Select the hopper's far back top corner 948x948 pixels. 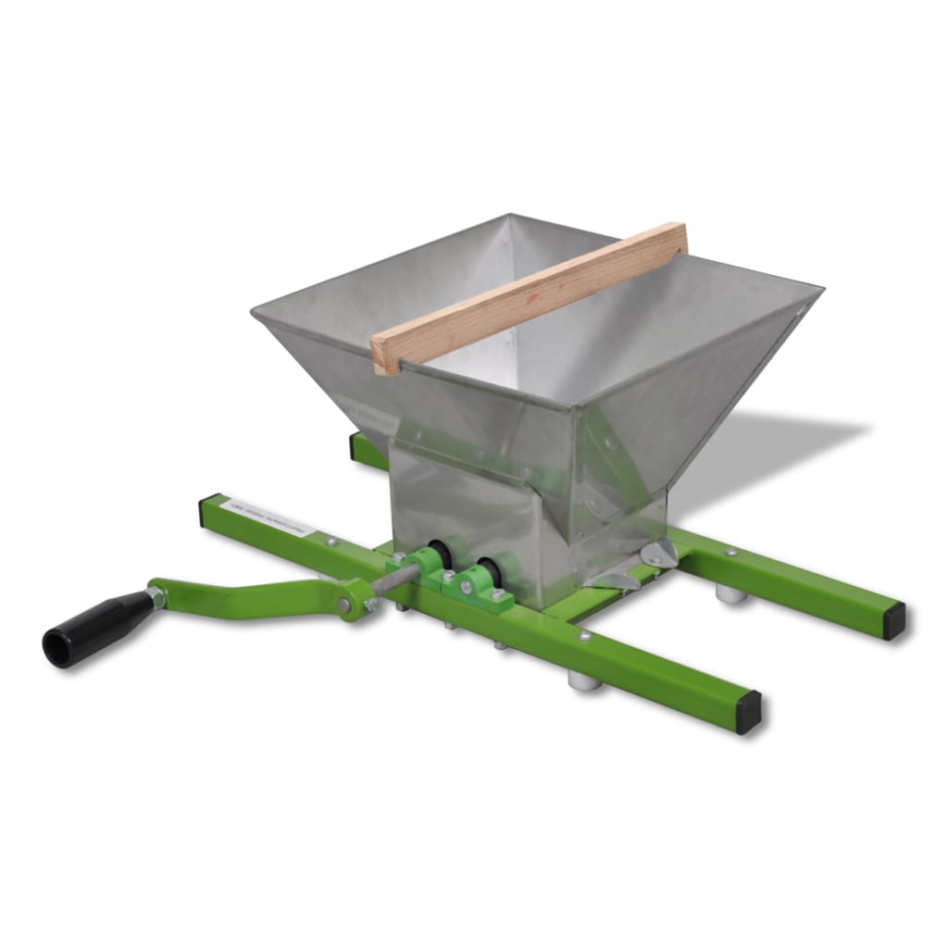click(506, 217)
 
